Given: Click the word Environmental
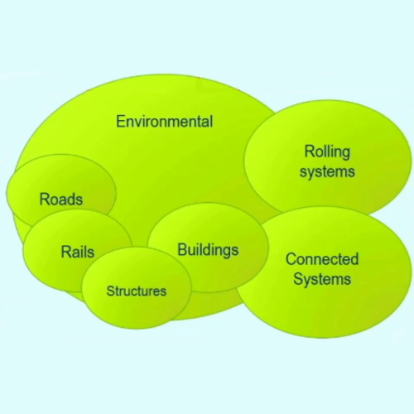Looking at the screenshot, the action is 165,122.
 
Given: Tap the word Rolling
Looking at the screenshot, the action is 328,152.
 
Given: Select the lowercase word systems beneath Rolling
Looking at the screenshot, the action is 327,172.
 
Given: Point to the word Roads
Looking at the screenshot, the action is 61,200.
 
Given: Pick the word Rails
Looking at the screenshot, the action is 78,252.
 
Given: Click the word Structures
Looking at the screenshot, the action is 137,291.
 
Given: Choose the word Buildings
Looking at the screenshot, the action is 208,251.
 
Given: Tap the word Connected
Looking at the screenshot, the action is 322,259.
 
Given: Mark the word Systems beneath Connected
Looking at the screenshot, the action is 322,279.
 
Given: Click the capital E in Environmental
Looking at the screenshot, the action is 121,122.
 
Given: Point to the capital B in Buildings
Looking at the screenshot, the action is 182,249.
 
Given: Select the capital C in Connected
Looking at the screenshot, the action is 291,259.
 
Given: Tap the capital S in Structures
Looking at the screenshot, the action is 110,291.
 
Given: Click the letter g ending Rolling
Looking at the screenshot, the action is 346,154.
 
